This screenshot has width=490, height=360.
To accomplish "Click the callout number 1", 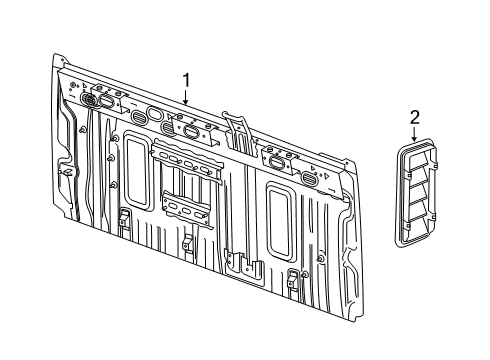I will coord(185,79).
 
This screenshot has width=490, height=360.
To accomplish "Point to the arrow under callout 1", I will coord(185,96).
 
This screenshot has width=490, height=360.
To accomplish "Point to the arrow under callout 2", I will coord(414,138).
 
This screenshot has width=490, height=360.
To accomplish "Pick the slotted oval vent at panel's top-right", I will coord(310,178).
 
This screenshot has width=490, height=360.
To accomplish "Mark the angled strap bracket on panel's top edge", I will coord(236,127).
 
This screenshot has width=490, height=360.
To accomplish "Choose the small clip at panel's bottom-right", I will coord(292,278).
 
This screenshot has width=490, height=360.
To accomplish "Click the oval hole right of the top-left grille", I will coord(107,101).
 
